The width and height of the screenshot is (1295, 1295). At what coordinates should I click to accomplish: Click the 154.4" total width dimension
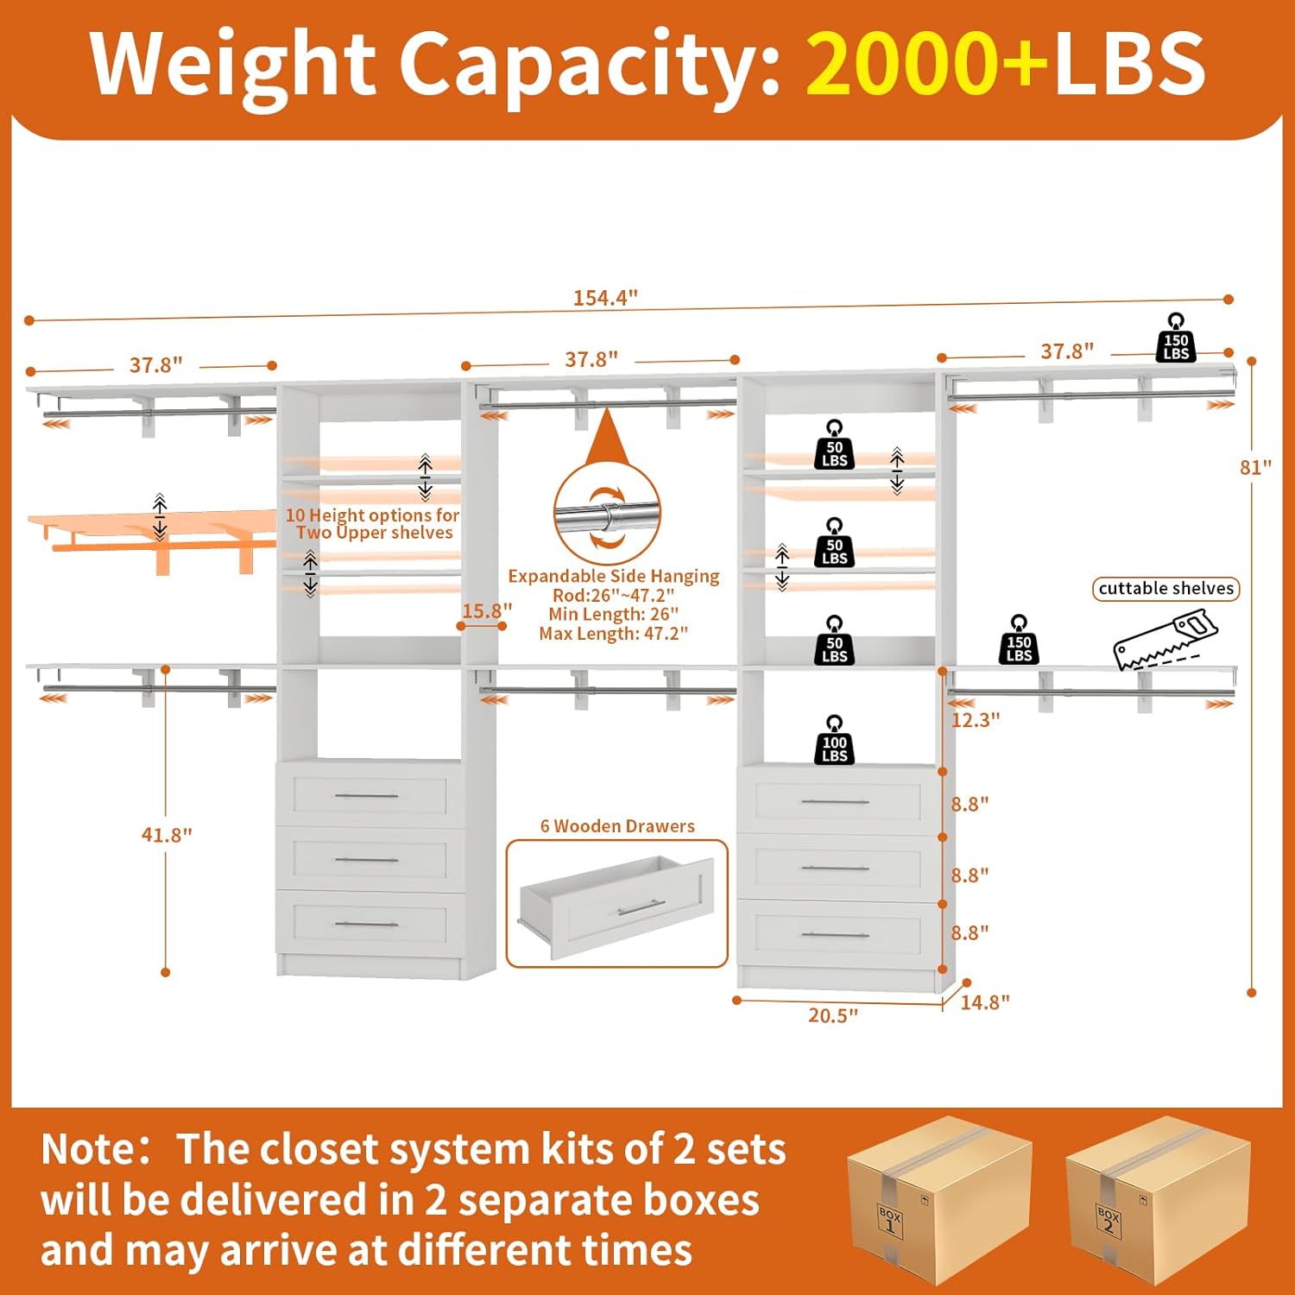pos(605,298)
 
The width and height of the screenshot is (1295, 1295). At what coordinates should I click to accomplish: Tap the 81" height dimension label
pos(1255,467)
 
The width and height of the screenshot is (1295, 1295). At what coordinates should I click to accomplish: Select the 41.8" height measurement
pos(167,835)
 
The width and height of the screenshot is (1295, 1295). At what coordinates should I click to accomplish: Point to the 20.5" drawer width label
pos(833,1015)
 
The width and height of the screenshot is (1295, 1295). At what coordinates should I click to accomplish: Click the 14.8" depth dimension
pos(985,1002)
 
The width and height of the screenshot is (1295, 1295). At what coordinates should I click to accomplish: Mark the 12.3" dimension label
pos(976,720)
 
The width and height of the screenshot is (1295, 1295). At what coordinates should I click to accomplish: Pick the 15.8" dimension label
pos(487,611)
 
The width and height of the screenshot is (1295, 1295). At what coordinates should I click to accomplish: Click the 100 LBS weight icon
pos(834,740)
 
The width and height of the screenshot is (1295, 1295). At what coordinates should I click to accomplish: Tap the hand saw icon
pos(1165,639)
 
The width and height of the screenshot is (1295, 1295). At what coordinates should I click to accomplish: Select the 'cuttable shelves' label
pos(1165,589)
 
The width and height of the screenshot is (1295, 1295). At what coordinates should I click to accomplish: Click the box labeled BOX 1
pos(939,1199)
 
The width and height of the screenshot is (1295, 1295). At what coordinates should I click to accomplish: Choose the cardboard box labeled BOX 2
pos(1158,1199)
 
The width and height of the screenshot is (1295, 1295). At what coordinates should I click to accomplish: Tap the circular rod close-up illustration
pos(607,515)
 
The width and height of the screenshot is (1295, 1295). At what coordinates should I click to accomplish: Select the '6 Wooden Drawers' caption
pos(617,826)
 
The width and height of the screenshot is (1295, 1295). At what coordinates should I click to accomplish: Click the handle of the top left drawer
pos(366,795)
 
